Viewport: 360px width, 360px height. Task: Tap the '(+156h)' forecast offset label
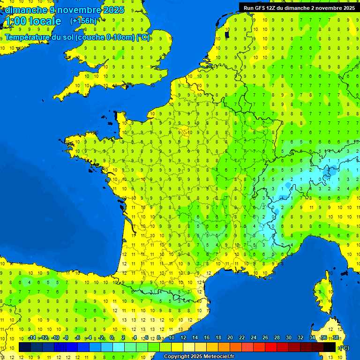coord(83,21)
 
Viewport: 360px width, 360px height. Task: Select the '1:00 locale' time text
coord(32,21)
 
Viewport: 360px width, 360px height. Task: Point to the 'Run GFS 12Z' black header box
coord(299,7)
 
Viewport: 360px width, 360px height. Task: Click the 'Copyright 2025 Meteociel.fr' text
coord(198,356)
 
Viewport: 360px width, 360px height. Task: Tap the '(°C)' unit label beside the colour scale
coord(344,347)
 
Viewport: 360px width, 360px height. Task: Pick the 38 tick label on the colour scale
coord(335,338)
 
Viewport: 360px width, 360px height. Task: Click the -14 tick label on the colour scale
coord(32,338)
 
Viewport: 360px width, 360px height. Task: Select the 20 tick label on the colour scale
coord(230,338)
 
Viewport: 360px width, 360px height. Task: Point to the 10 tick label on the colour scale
coord(172,338)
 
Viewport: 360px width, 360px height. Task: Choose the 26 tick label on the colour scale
coord(265,338)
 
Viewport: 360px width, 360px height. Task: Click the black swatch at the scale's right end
coord(330,347)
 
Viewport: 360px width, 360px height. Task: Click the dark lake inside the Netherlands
coord(227,34)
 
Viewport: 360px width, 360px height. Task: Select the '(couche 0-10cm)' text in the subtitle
coord(105,37)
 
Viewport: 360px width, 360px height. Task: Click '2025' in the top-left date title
coord(113,10)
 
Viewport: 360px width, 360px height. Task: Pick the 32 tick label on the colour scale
coord(300,338)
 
